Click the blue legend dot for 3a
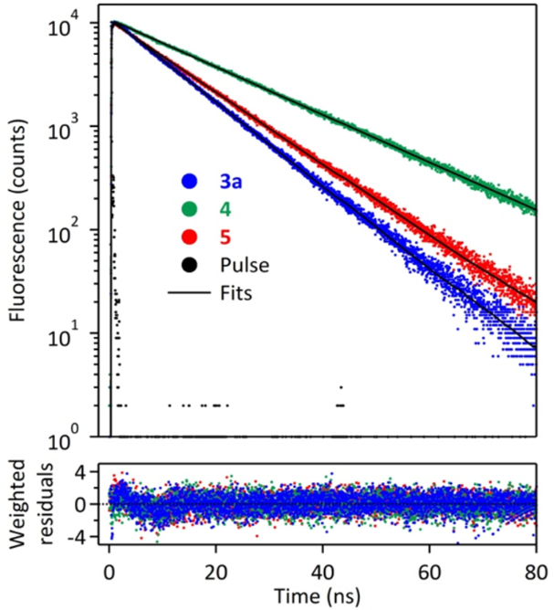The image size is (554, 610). tap(189, 182)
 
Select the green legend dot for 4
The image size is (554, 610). tap(189, 209)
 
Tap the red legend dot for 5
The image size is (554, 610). tap(189, 237)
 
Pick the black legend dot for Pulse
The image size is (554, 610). tap(189, 266)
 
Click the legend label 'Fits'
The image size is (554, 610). tap(235, 294)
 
